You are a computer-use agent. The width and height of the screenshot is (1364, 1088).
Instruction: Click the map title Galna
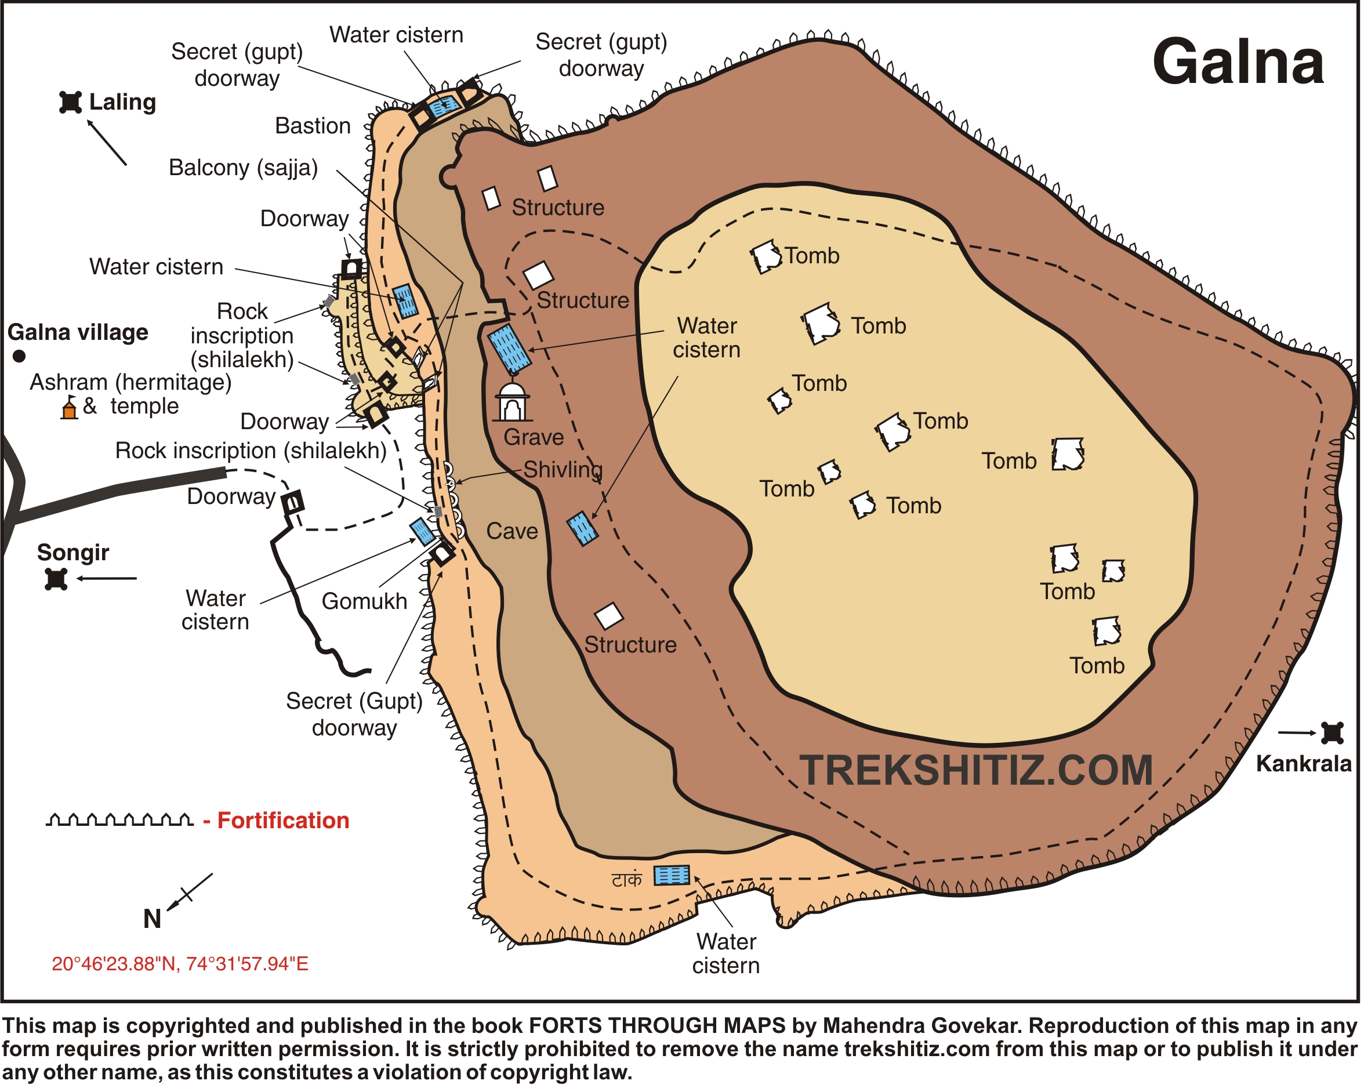click(x=1238, y=61)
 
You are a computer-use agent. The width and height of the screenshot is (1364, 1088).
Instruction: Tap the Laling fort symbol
click(x=70, y=103)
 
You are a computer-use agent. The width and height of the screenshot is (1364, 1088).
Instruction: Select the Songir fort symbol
click(x=56, y=579)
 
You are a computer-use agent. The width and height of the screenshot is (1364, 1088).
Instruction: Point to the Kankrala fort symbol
click(x=1332, y=733)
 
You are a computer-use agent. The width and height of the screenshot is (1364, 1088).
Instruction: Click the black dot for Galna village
click(x=20, y=356)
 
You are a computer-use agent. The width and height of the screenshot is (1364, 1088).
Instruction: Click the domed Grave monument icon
click(x=512, y=402)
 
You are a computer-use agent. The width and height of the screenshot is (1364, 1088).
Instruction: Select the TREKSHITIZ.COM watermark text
click(x=976, y=770)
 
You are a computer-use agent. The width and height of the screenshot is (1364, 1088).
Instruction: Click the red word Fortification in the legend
click(x=283, y=821)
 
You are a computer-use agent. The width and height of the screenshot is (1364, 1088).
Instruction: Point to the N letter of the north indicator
click(x=152, y=919)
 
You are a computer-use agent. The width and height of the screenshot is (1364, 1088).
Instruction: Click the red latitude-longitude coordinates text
click(x=180, y=964)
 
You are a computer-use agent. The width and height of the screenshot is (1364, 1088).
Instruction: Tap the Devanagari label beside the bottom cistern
click(x=626, y=880)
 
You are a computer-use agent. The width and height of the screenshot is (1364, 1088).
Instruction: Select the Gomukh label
click(x=364, y=601)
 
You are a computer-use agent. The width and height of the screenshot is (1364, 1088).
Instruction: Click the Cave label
click(x=512, y=531)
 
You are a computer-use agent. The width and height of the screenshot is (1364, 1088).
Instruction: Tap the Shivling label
click(x=563, y=469)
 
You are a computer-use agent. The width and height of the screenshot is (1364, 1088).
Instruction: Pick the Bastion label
click(x=313, y=126)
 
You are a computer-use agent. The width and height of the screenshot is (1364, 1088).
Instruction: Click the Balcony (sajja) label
click(x=243, y=168)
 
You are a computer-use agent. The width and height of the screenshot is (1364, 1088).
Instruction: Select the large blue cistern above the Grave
click(x=510, y=349)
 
